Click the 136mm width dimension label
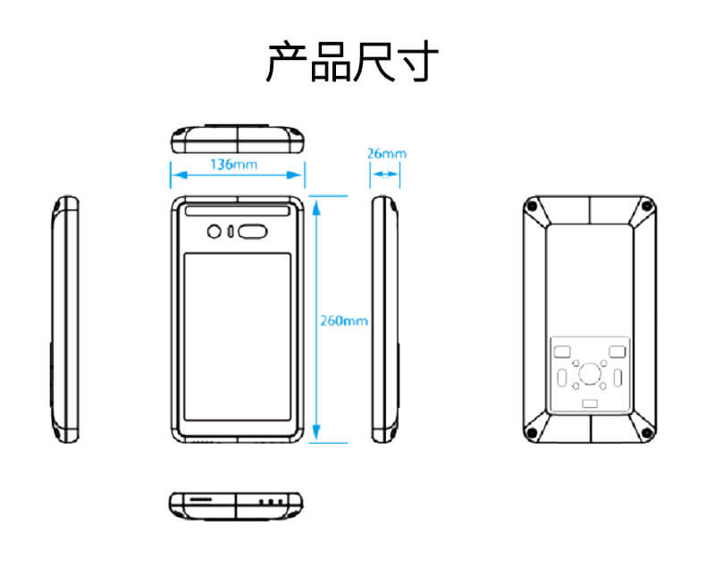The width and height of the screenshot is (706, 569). coord(233,164)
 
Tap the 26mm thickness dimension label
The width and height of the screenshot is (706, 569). coord(386,153)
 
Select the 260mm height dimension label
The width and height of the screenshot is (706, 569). coord(344,319)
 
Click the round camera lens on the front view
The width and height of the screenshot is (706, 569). coord(214,232)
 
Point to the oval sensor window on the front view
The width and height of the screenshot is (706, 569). coord(255,232)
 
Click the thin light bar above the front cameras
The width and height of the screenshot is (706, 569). coord(238,212)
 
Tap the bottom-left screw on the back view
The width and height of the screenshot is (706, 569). coord(533,433)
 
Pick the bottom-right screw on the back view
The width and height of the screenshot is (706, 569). coord(646,433)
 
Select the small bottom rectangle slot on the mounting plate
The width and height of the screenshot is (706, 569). coord(590,404)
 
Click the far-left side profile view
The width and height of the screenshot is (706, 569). coord(64,318)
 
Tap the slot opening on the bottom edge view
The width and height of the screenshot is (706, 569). coord(203,497)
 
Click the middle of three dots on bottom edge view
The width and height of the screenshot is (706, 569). coord(270,502)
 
